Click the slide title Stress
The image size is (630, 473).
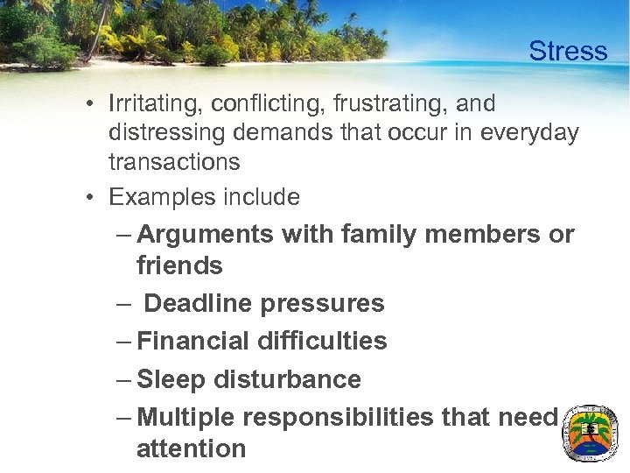click(x=567, y=52)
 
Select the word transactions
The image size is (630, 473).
click(x=174, y=162)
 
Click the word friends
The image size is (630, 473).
click(x=179, y=265)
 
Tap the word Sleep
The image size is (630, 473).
click(x=170, y=379)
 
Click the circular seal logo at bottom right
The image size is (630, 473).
click(x=589, y=434)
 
